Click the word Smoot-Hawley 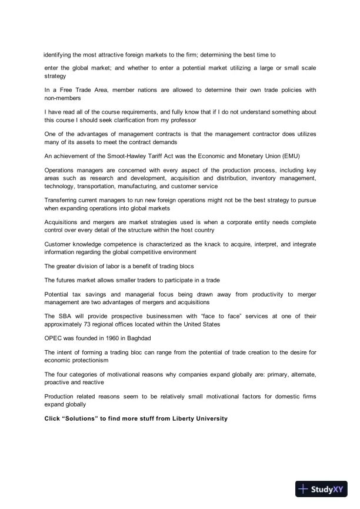[125, 156]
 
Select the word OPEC [54, 338]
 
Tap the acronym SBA [64, 316]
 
